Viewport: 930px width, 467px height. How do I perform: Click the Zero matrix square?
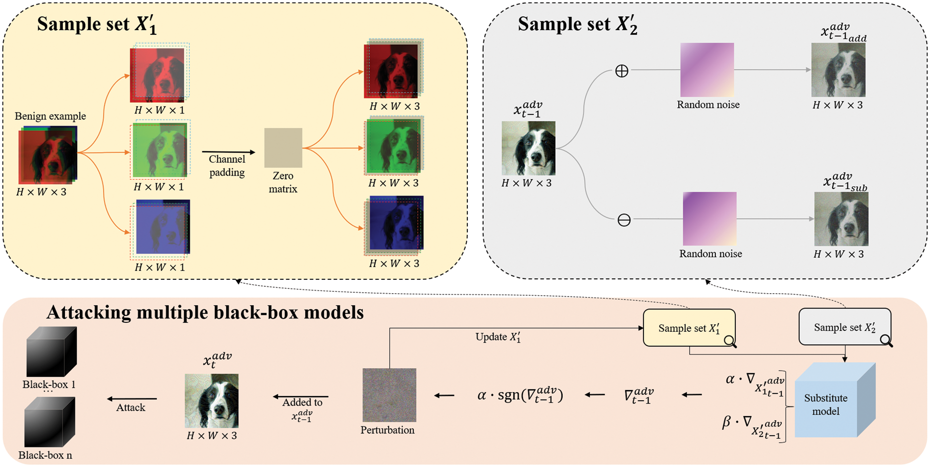coord(283,148)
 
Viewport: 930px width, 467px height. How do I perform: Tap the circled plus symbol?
coord(621,71)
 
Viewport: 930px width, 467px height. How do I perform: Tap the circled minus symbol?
coord(624,220)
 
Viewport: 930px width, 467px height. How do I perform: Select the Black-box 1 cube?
coord(51,352)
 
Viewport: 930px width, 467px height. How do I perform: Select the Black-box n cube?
coord(50,423)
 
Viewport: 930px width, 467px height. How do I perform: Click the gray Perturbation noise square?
coord(389,395)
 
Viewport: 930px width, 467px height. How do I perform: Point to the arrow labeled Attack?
coord(132,399)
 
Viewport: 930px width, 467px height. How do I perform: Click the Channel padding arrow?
coord(228,152)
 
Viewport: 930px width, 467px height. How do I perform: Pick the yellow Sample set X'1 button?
coord(689,328)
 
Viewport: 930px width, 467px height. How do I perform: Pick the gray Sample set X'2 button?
coord(844,327)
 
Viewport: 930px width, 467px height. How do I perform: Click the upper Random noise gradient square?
coord(707,70)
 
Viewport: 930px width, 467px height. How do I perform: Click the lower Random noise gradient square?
coord(709,219)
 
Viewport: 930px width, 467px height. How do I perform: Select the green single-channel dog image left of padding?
coord(159,150)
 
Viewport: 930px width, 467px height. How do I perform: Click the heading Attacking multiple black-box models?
coord(205,312)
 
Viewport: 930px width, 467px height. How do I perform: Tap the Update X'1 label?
coord(497,337)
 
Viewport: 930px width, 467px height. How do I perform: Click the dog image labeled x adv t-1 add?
coord(838,70)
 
